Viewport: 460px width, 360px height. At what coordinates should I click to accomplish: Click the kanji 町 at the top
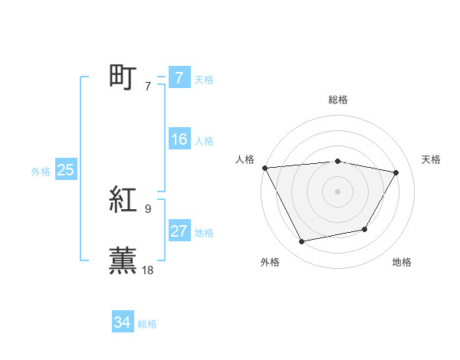coord(123,78)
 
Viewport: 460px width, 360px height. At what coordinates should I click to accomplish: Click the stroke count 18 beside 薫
coord(149,270)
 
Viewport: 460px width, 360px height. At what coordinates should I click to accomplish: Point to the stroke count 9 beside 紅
coord(148,208)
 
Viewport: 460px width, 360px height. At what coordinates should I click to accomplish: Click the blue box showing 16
coord(179,140)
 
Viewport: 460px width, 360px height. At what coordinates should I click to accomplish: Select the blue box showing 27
coord(179,232)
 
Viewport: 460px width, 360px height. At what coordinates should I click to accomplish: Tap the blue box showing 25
coord(66,171)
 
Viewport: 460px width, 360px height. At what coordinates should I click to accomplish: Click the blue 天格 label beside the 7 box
coord(204,79)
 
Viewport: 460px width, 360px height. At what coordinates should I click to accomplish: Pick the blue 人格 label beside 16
coord(204,141)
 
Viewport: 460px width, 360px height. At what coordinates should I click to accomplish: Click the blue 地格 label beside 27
coord(204,233)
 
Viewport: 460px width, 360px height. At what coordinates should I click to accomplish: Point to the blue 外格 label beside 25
coord(41,172)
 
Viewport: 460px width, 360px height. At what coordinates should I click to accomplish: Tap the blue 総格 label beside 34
coord(147,324)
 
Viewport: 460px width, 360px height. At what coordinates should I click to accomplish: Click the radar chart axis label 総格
coord(338,100)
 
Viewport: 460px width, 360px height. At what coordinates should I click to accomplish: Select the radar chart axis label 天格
coord(432,159)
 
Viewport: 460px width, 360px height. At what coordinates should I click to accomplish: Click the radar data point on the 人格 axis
coord(264,168)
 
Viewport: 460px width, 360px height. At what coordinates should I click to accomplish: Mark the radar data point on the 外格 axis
coord(302,242)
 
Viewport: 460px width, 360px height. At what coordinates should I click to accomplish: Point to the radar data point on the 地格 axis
coord(365,230)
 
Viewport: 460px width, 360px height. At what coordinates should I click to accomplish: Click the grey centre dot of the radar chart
coord(338,191)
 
